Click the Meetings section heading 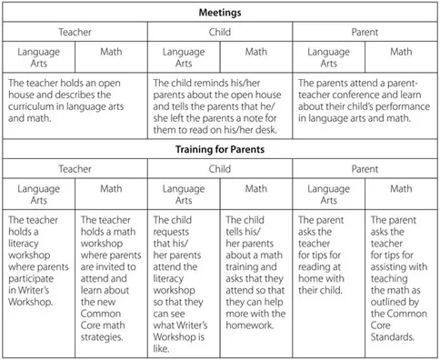(219, 13)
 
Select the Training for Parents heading (219, 149)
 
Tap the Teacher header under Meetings (75, 31)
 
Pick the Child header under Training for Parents (219, 168)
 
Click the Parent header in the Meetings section (365, 31)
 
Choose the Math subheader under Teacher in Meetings (111, 52)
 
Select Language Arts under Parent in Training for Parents (328, 195)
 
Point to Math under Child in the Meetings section (255, 52)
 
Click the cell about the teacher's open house (75, 103)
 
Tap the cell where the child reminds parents (219, 103)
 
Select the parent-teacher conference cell (365, 103)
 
